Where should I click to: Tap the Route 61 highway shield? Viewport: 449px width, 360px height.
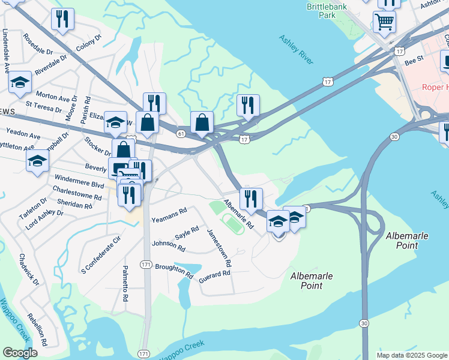pyautogui.click(x=180, y=133)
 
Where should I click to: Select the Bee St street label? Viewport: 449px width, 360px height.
pyautogui.click(x=414, y=61)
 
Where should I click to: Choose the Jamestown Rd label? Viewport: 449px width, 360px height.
pyautogui.click(x=219, y=247)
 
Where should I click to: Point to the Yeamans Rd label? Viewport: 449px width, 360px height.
pyautogui.click(x=169, y=211)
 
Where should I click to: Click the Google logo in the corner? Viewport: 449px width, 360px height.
pyautogui.click(x=20, y=353)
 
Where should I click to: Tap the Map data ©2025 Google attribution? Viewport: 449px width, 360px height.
pyautogui.click(x=412, y=355)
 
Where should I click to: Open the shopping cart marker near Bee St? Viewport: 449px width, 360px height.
pyautogui.click(x=385, y=22)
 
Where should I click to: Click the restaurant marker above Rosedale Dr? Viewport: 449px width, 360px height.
pyautogui.click(x=62, y=19)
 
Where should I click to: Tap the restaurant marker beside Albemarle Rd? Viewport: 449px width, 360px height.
pyautogui.click(x=251, y=198)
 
